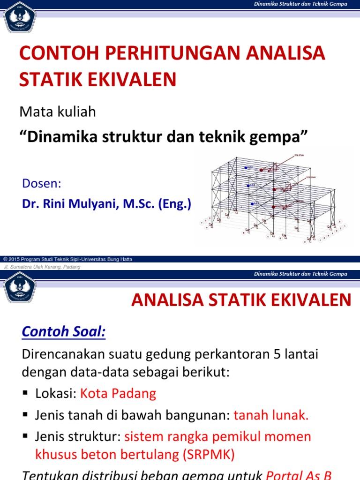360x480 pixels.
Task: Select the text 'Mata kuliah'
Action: point(57,112)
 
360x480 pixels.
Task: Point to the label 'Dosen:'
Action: point(42,183)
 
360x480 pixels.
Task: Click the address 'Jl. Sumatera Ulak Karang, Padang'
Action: point(42,267)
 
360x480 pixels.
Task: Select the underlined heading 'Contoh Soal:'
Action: point(64,332)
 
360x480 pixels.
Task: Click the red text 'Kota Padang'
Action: point(118,393)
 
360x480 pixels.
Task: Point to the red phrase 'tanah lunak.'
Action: point(271,415)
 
